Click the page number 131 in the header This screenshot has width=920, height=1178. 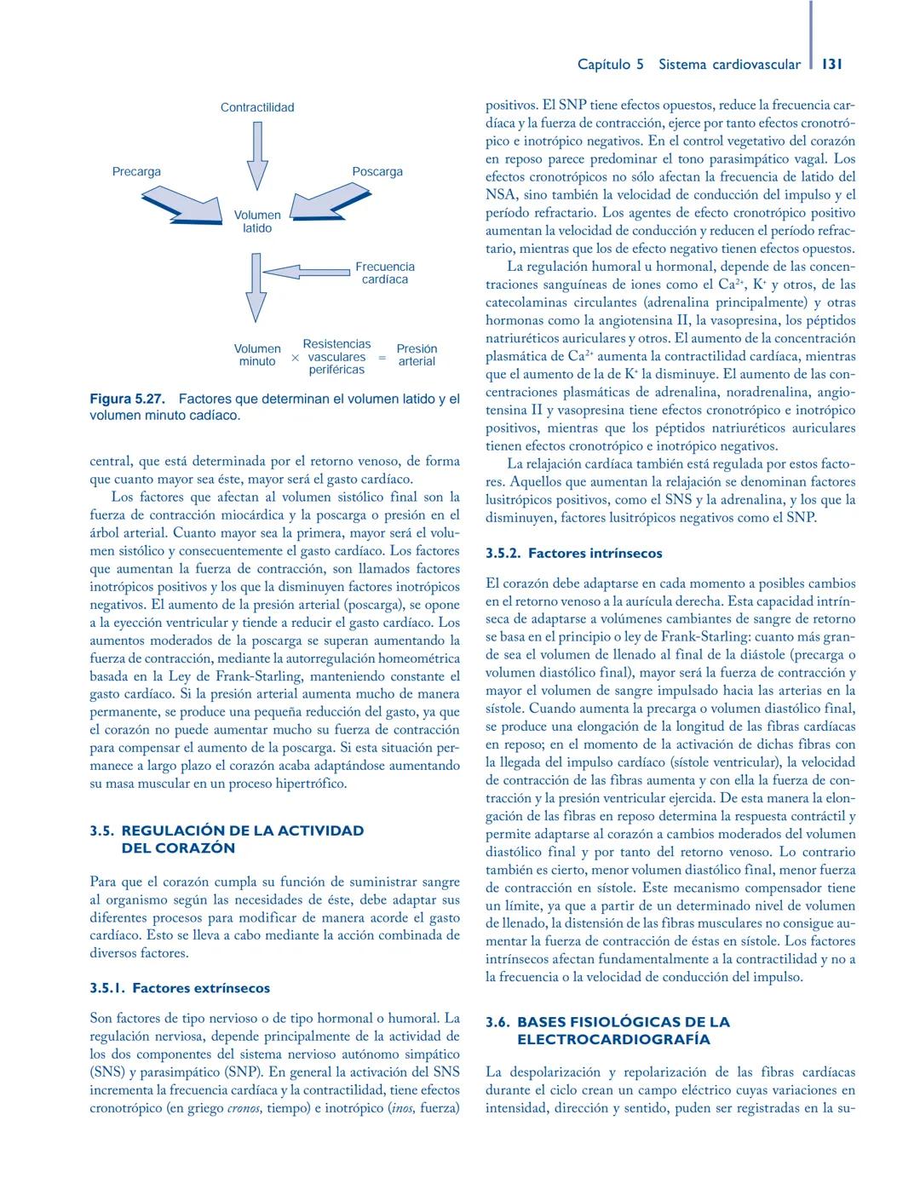[833, 64]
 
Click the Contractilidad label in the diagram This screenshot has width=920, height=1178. [257, 107]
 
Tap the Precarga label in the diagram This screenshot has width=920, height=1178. [136, 172]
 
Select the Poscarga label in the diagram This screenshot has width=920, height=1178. [377, 172]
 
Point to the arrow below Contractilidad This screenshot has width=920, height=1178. [257, 155]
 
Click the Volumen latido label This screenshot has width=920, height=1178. [257, 221]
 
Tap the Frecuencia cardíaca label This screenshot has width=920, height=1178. [385, 273]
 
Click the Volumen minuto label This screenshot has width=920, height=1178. [257, 355]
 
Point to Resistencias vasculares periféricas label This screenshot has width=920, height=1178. [336, 357]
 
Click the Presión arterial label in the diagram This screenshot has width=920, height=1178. [417, 355]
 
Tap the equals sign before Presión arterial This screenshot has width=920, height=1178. [382, 358]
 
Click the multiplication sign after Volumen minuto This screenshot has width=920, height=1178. [295, 359]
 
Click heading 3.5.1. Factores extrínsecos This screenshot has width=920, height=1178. [180, 988]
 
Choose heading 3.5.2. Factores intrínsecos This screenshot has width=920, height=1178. [573, 553]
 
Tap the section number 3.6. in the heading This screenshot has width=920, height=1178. [497, 1021]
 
